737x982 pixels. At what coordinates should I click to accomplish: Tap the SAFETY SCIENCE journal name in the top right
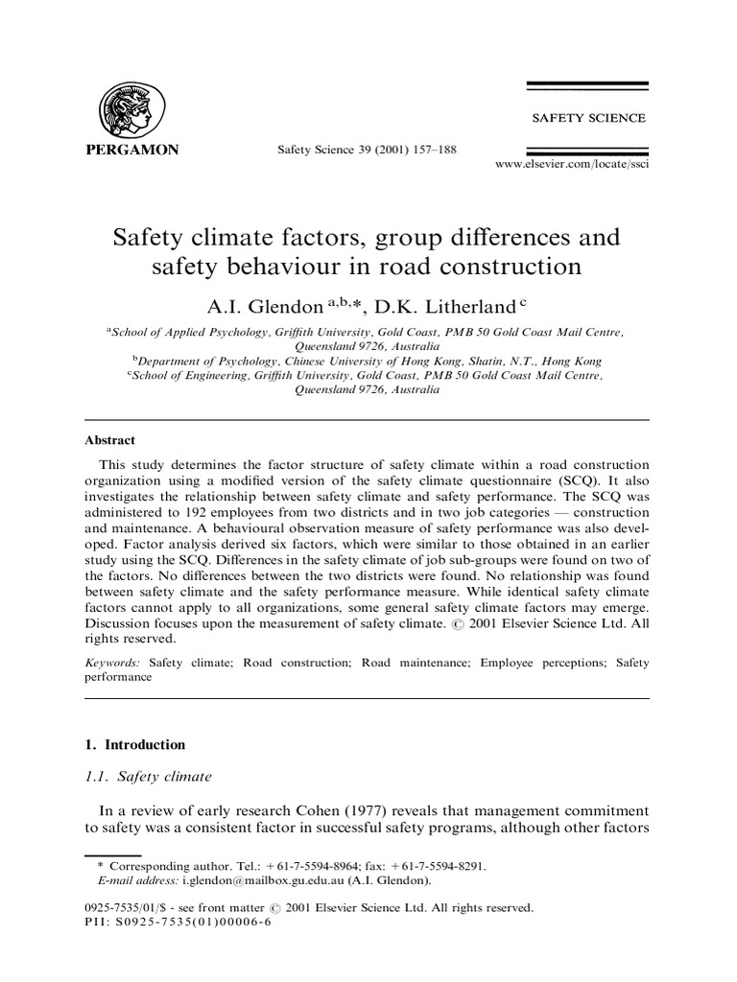pyautogui.click(x=588, y=118)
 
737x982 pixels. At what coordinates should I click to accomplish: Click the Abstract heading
pyautogui.click(x=110, y=440)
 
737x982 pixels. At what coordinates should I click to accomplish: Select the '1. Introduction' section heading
pyautogui.click(x=135, y=744)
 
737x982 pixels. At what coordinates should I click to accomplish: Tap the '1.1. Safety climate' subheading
pyautogui.click(x=148, y=777)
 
